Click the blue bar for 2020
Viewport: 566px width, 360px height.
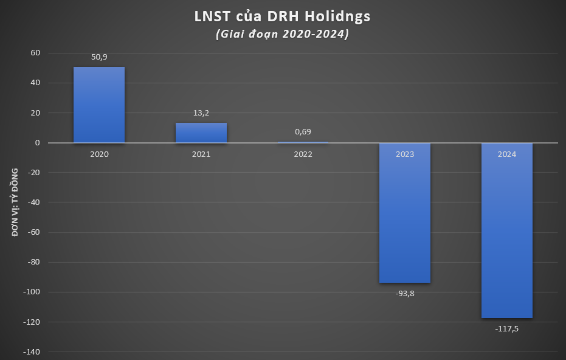point(99,105)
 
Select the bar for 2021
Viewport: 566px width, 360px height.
point(201,133)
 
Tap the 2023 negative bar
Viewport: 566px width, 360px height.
point(405,213)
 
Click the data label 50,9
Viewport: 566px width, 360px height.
point(99,57)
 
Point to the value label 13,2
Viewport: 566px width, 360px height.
point(201,113)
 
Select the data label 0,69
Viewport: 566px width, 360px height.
point(303,132)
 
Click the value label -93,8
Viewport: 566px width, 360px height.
point(405,293)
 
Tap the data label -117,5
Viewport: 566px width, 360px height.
point(507,328)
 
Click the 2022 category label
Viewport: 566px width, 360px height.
point(303,154)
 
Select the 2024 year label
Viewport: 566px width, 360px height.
point(507,154)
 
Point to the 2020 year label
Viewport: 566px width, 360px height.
point(99,154)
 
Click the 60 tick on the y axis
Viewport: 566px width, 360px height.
point(35,53)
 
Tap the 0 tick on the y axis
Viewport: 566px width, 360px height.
point(38,143)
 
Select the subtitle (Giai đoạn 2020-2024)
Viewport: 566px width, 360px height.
point(283,34)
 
